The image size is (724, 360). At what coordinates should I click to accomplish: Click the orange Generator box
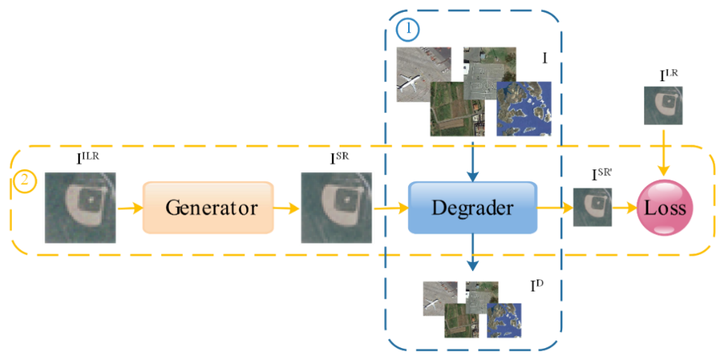tap(208, 208)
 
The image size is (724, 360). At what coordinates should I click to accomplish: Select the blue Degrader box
tap(472, 208)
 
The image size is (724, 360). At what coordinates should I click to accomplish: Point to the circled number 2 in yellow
tap(24, 181)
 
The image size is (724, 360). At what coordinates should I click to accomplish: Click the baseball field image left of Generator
tap(78, 208)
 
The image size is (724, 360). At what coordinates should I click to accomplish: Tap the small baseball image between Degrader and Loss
tap(592, 207)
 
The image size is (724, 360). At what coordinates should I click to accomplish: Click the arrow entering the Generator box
tap(130, 208)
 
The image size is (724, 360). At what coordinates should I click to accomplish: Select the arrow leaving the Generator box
tap(286, 208)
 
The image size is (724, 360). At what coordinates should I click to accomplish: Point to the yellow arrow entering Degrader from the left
tap(390, 208)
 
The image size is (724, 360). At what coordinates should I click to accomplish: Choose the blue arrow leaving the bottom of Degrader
tap(473, 254)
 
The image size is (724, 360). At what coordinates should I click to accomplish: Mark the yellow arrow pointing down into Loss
tap(663, 151)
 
